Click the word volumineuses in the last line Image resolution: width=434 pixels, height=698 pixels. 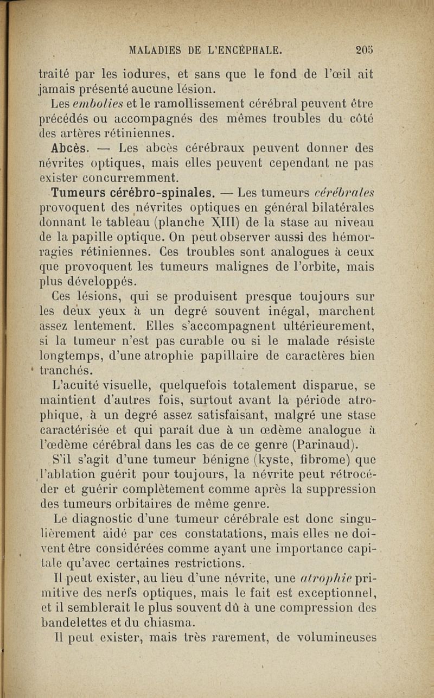tap(334, 637)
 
